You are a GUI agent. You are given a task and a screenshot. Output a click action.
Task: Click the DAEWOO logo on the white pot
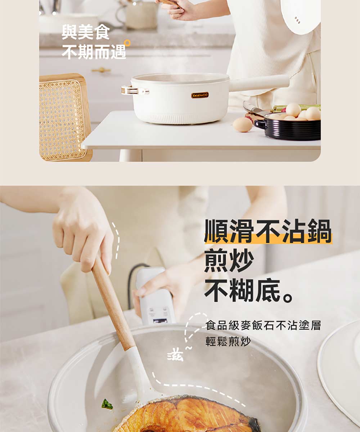pos(200,95)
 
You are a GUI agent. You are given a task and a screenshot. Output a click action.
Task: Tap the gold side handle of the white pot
pos(135,90)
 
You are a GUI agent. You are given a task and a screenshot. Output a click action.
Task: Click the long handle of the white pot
pos(259,83)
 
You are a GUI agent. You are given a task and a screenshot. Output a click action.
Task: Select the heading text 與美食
pos(86,32)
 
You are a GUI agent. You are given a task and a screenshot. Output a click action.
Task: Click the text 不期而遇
pos(94,52)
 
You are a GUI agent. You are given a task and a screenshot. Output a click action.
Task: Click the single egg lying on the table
pos(243,125)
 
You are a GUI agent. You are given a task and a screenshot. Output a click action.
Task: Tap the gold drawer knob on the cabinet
pos(101,70)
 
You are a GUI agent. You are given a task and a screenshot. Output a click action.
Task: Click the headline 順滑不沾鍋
pos(268,231)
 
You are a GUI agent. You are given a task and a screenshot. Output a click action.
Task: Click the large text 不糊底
pos(249,290)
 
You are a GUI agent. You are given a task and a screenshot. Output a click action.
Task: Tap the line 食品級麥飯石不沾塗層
pos(263,325)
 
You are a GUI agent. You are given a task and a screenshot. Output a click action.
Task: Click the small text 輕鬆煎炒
pos(228,341)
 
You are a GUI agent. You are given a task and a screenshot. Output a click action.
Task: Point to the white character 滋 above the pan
pos(175,356)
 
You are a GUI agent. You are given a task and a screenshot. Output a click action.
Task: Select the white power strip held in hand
pos(155,296)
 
